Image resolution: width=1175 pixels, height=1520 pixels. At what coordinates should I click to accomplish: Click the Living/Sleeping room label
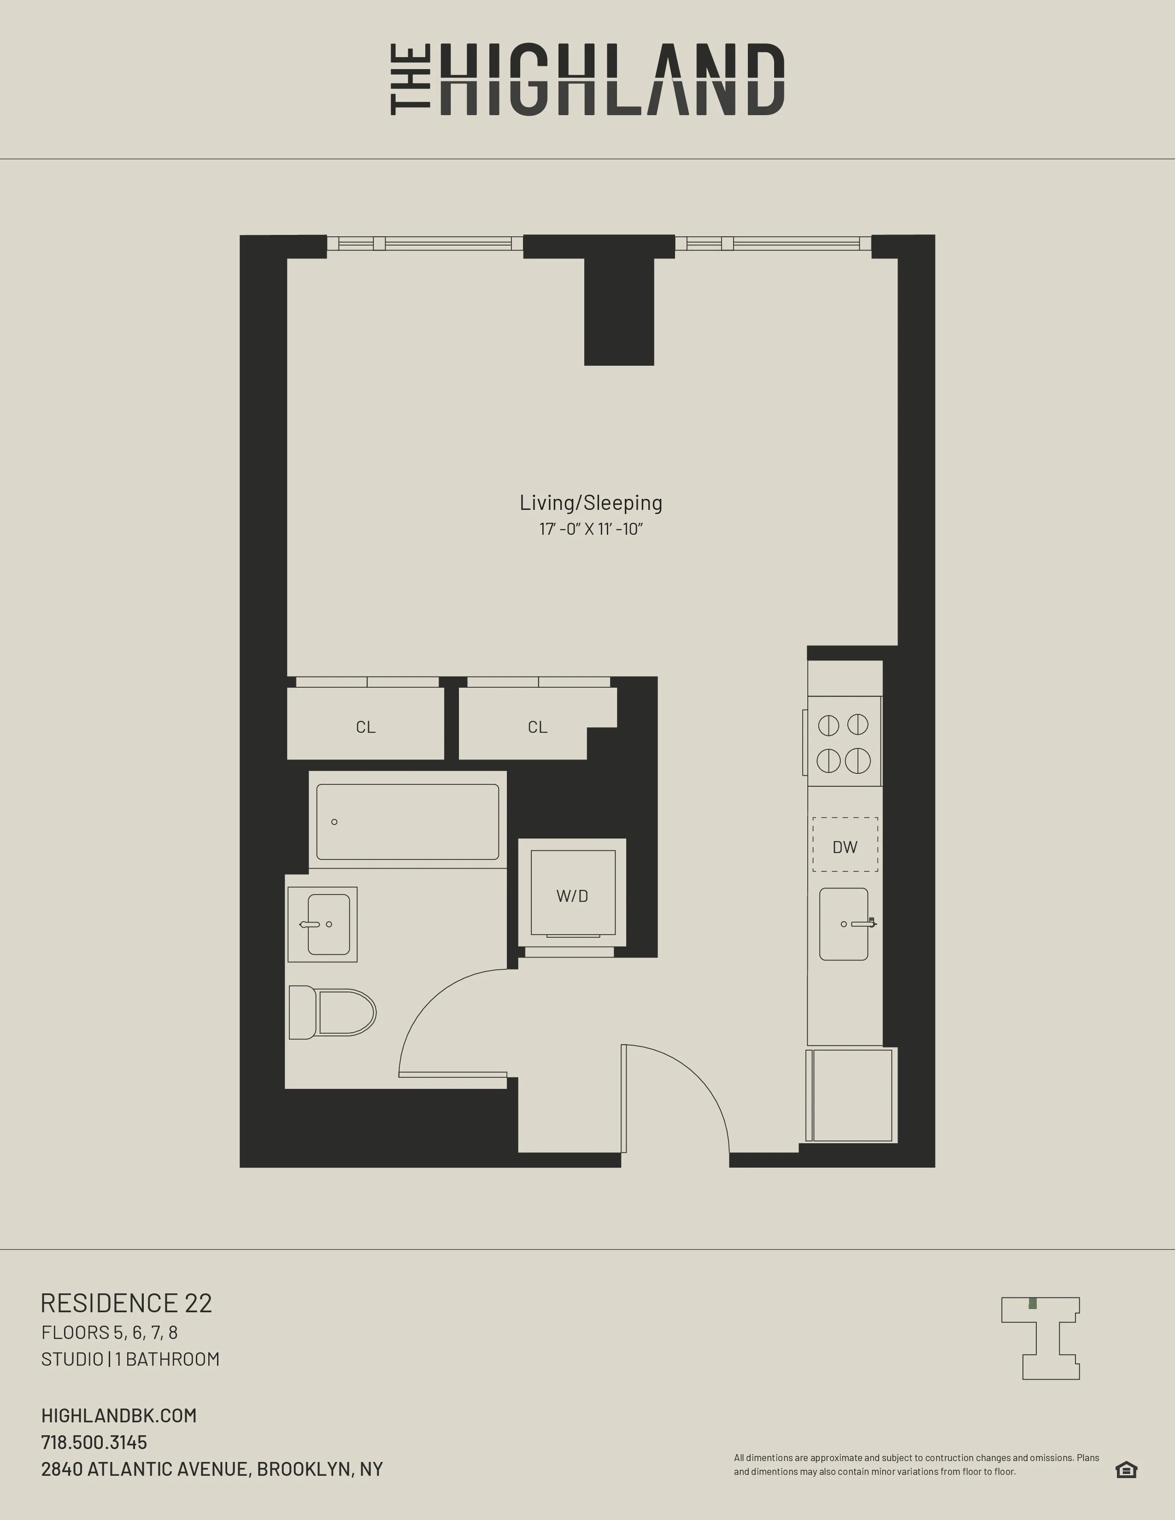(590, 503)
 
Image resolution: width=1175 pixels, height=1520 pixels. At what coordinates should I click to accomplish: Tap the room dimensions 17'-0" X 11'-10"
(590, 529)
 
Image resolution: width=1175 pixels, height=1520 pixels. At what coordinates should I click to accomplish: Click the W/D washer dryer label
(572, 896)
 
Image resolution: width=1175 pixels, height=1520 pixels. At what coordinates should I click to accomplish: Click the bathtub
(407, 822)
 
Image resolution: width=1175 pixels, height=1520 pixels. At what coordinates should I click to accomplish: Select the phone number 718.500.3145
(94, 1442)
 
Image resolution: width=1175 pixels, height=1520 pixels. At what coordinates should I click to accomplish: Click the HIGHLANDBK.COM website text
(119, 1415)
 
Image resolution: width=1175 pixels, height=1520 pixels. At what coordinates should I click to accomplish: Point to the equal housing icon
(1126, 1469)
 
